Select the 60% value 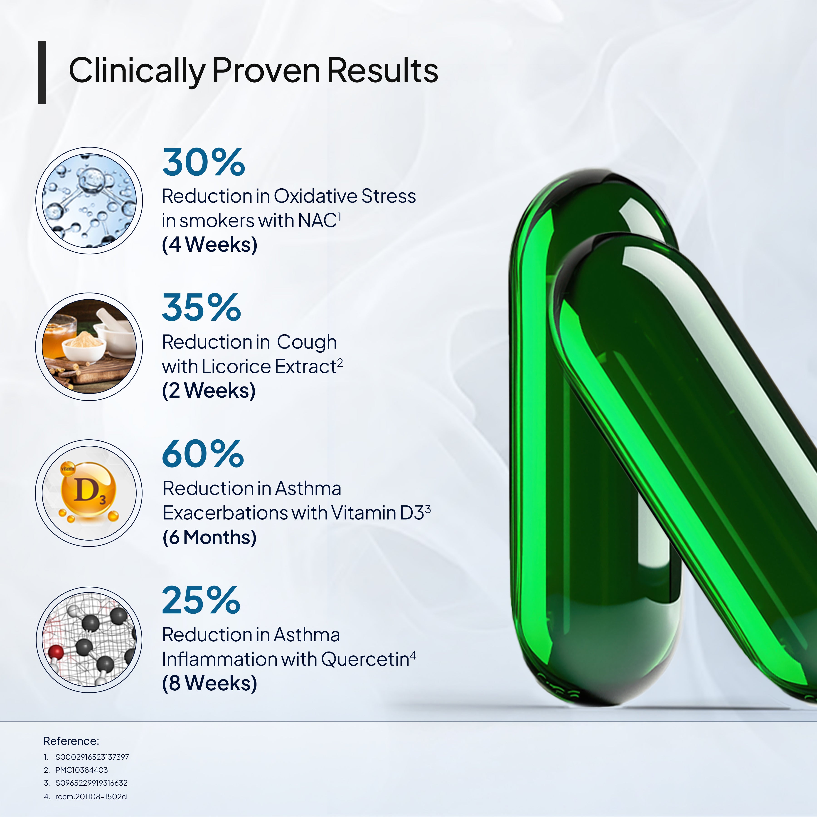[203, 454]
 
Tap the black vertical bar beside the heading [42, 72]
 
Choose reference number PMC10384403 [82, 770]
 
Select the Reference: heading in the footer [71, 741]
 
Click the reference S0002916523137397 [92, 757]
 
